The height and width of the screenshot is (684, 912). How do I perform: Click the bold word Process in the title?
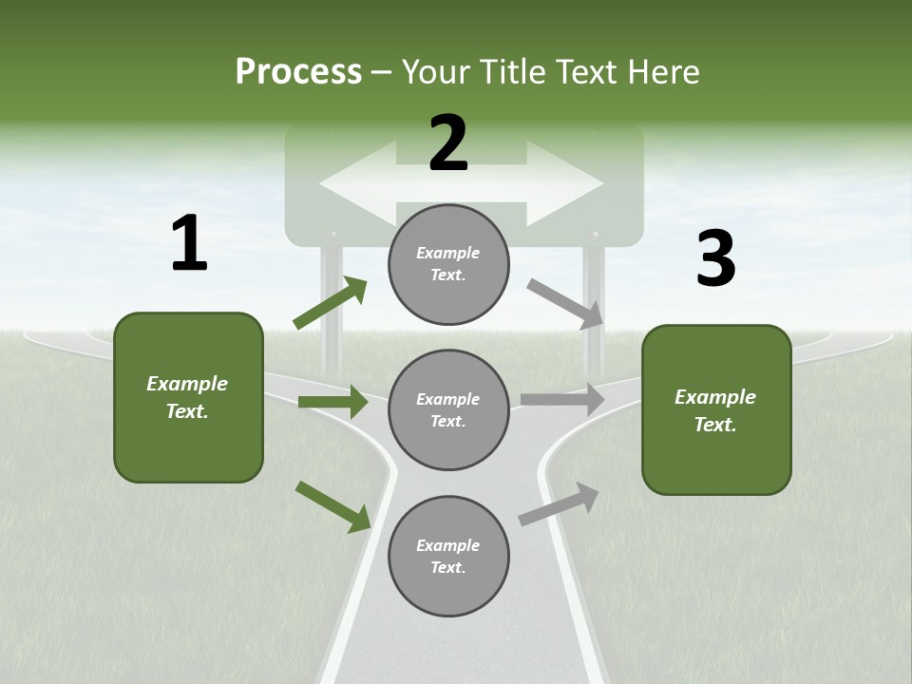click(x=298, y=71)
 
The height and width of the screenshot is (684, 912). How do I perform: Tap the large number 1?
click(x=189, y=243)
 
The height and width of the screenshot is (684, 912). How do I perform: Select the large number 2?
click(x=448, y=144)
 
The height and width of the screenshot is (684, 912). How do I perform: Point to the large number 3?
click(x=715, y=258)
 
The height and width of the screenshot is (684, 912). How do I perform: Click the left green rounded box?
click(x=188, y=397)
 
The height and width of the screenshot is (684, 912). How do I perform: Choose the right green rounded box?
click(x=716, y=410)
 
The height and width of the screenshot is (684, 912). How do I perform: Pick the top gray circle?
click(x=448, y=264)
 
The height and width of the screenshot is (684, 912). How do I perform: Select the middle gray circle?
click(x=448, y=410)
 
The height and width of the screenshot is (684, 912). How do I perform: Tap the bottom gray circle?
click(x=448, y=557)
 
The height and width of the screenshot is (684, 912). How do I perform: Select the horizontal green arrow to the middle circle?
click(x=332, y=402)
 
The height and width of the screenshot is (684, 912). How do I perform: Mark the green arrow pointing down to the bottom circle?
click(x=332, y=506)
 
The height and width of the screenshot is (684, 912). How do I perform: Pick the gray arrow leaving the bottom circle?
click(x=559, y=503)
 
